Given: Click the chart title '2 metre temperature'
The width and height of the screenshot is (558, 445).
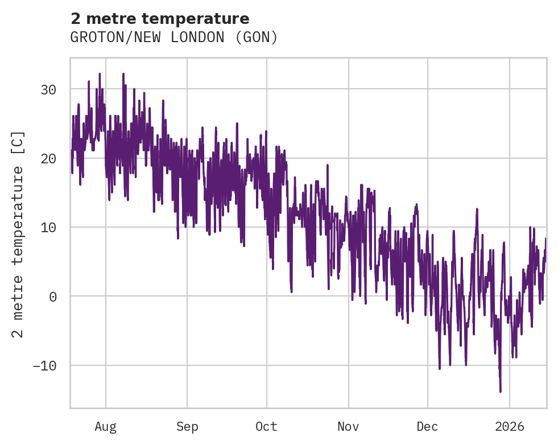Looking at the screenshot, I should coord(160,19).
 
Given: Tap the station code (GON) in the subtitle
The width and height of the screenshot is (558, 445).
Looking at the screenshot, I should coord(259,38).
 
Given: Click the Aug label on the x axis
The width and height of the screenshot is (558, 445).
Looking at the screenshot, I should coord(106,426).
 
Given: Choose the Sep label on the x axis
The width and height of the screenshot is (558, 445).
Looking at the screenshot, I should coord(187,426).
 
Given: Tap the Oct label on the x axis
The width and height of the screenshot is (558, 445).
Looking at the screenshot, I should coord(266,426).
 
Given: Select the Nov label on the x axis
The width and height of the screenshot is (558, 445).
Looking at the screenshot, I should coord(348,426).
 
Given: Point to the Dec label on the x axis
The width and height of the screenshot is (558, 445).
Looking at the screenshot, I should coord(427,426).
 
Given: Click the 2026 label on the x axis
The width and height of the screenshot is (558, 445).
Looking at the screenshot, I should coord(510,426).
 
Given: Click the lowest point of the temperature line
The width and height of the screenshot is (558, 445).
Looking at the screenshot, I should coord(501,392).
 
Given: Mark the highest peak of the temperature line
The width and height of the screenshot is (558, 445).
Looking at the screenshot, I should coord(100,73).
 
